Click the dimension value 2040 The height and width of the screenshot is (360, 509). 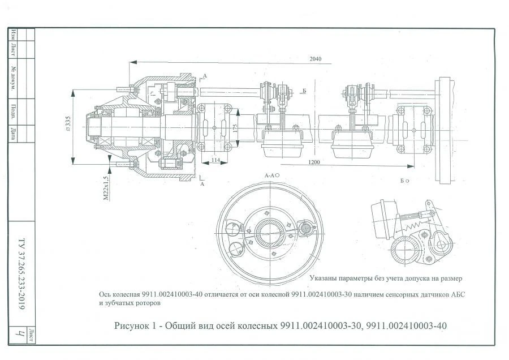click(x=316, y=58)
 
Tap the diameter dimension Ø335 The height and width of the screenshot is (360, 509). click(x=68, y=122)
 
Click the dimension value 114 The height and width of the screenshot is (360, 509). click(x=215, y=160)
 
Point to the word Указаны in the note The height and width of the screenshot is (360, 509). click(x=325, y=278)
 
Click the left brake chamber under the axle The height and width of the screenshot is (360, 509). click(x=282, y=144)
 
